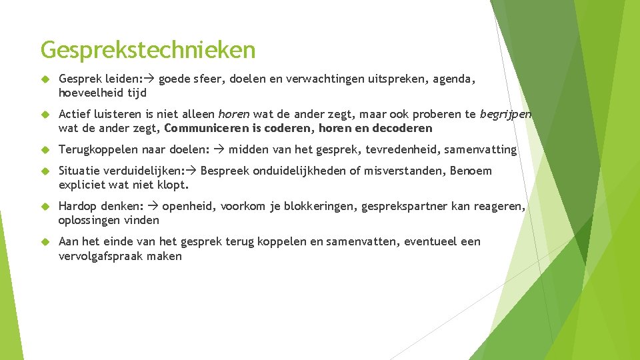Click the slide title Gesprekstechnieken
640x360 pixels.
click(x=147, y=49)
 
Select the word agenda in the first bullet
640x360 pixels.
click(x=455, y=80)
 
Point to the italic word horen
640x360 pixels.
click(x=233, y=114)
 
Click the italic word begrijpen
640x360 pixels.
click(x=505, y=114)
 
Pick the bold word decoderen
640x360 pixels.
click(x=402, y=128)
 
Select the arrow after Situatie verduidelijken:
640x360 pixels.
click(x=192, y=171)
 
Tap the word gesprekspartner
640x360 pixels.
click(x=404, y=207)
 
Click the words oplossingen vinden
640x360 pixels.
click(x=109, y=220)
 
